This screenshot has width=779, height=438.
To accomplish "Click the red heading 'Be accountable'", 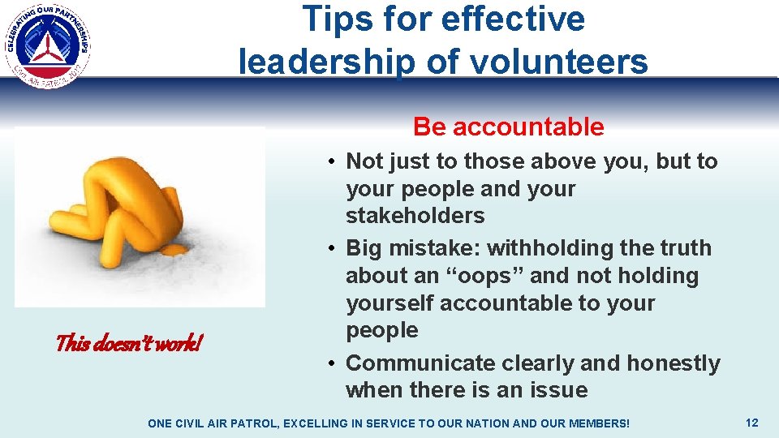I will click(x=508, y=127).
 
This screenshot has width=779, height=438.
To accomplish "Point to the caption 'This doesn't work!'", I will click(x=128, y=344).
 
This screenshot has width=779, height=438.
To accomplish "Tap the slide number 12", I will click(x=751, y=423).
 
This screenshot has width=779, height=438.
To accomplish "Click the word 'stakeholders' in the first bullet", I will click(x=415, y=216).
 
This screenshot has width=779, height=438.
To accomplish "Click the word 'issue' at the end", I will click(x=558, y=390).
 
